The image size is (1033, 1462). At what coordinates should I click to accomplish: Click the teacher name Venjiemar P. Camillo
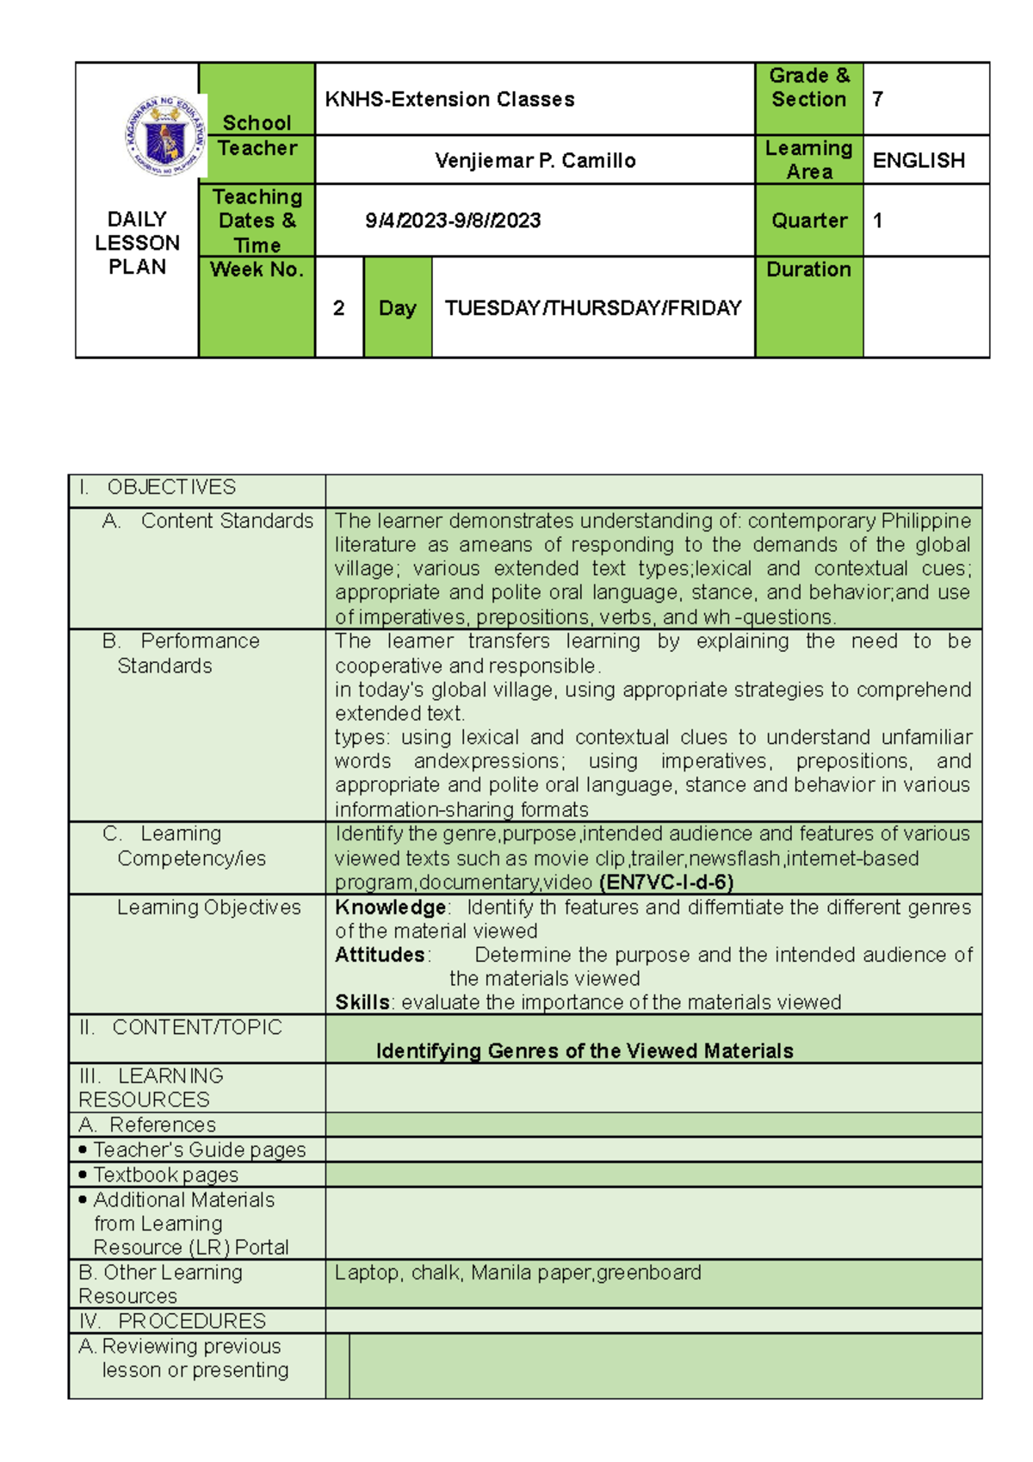click(535, 160)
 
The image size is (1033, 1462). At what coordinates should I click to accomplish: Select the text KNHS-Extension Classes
click(449, 99)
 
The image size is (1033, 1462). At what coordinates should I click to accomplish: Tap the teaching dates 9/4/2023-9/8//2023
click(453, 220)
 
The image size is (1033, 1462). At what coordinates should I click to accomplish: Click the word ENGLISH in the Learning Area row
click(919, 160)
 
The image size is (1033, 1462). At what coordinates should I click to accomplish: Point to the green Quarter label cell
click(808, 220)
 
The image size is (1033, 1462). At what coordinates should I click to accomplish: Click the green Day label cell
click(397, 307)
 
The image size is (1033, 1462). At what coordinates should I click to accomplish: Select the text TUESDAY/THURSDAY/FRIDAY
click(592, 307)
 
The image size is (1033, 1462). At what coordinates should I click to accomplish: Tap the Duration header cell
click(808, 269)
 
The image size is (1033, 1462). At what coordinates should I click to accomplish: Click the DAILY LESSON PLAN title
click(137, 243)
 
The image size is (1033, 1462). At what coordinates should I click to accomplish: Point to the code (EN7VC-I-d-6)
click(666, 882)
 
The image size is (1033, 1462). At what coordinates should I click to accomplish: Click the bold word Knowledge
click(391, 907)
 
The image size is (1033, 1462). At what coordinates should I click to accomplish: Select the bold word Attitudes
click(380, 955)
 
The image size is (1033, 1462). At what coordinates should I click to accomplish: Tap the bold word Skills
click(362, 1002)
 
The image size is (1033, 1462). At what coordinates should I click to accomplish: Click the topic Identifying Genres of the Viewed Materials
click(585, 1050)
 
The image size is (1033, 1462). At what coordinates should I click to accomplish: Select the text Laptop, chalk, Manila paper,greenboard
click(517, 1273)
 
